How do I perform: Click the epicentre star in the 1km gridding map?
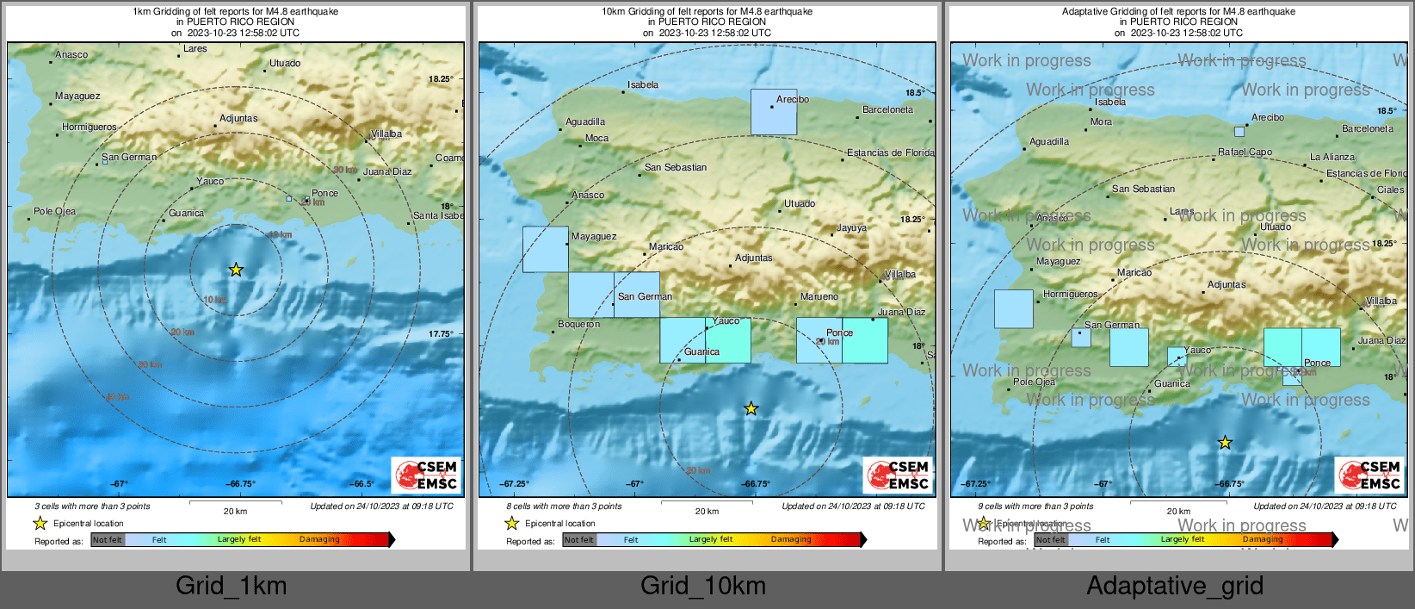[236, 270]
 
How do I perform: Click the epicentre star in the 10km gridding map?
[751, 408]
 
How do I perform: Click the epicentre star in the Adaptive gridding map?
[1225, 443]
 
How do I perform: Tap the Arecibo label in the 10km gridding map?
[792, 99]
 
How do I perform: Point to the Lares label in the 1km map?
[195, 49]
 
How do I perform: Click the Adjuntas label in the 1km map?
[238, 119]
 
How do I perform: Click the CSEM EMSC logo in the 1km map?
[427, 475]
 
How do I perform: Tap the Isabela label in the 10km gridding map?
[643, 85]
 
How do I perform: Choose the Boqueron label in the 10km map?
[579, 325]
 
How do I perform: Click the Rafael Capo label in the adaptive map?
[1245, 152]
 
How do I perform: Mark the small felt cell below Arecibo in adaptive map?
[1239, 132]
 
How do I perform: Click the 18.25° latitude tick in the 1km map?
[441, 79]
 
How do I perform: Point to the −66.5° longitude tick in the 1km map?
[362, 484]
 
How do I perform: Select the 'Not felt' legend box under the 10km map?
[579, 540]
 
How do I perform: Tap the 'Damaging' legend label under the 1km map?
[319, 540]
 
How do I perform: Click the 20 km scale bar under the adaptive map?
[1178, 503]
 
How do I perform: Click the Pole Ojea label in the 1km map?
[54, 212]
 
